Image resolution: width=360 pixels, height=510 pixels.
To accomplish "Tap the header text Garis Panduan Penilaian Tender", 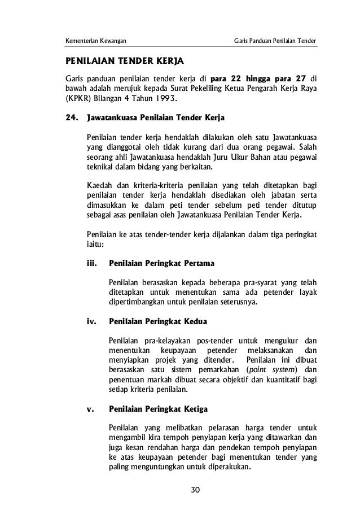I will (275, 41).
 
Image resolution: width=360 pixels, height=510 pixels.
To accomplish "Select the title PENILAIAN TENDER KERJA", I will (125, 60).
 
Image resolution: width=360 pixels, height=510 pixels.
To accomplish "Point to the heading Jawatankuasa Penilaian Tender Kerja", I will (155, 119).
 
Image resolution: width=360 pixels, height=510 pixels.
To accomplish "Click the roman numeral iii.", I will (91, 263).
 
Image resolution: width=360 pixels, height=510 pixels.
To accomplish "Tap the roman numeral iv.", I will (91, 321).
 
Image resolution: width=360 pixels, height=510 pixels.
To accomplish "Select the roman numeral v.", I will (90, 408).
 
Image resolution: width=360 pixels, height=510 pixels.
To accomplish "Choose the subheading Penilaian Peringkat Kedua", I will (158, 321).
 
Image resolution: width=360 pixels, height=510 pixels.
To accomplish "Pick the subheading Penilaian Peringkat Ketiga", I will (159, 408).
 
